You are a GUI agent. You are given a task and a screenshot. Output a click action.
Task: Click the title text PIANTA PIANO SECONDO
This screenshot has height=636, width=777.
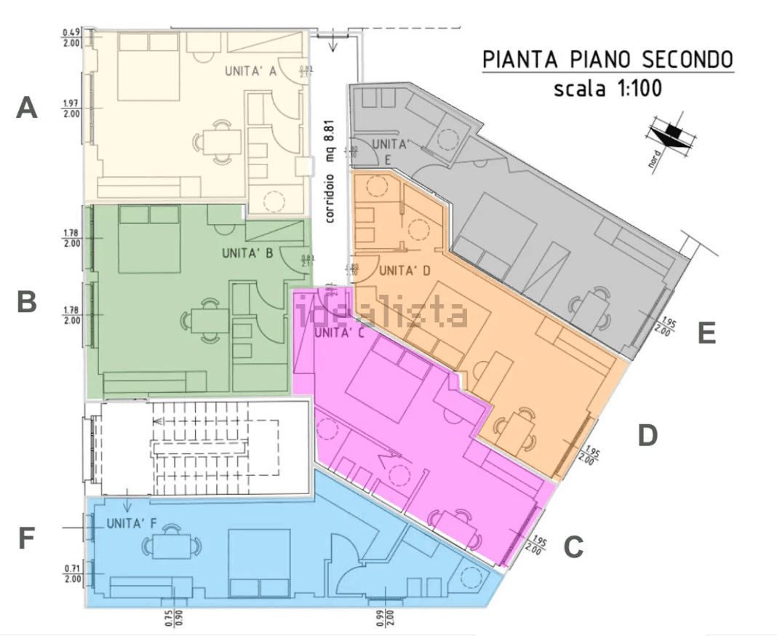pos(608,60)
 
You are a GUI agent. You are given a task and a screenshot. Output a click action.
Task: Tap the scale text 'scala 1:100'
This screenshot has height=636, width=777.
pos(607,90)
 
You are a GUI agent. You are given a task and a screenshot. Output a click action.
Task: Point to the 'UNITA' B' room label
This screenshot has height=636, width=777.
pos(247,254)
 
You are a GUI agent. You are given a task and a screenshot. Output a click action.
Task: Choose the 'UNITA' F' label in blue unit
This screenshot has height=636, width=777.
pos(132,522)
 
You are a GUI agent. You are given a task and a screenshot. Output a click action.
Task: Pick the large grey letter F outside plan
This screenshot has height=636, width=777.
pos(26,539)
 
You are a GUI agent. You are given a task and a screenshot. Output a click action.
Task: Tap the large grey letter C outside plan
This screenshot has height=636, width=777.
pos(574,546)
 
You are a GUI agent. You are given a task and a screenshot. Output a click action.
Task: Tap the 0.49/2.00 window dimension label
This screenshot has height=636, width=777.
pos(71,37)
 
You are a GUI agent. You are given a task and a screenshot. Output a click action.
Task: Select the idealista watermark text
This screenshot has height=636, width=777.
pos(383,313)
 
